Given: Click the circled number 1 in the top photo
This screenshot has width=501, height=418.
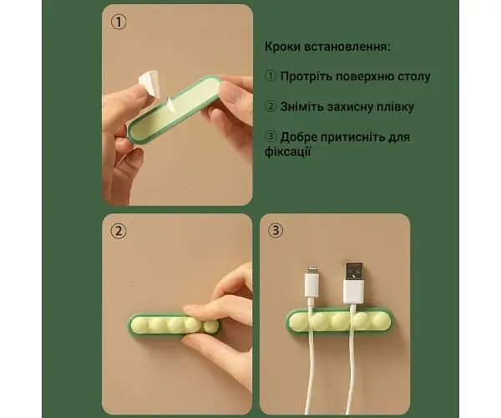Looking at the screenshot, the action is tap(119, 23).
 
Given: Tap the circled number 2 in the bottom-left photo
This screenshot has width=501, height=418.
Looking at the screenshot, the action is tap(119, 231).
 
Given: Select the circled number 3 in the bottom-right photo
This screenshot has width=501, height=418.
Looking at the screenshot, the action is tap(276, 230).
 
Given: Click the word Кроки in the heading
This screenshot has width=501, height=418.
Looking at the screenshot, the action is tap(282, 47).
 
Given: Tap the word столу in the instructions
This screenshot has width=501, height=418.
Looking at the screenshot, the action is tap(414, 77).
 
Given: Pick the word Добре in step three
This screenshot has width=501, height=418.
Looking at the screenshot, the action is tap(298, 137).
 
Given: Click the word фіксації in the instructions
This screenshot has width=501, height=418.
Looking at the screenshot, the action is tap(288, 151).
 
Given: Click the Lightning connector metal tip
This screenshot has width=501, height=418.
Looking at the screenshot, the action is tap(311, 270).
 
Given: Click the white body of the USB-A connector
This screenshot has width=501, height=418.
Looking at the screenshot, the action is tap(354, 292).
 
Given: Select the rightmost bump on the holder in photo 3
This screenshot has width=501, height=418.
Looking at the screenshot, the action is tap(381, 319).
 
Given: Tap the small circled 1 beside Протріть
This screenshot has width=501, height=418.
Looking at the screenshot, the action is tap(271, 76).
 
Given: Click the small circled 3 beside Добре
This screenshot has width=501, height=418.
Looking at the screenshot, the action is tap(271, 137).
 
